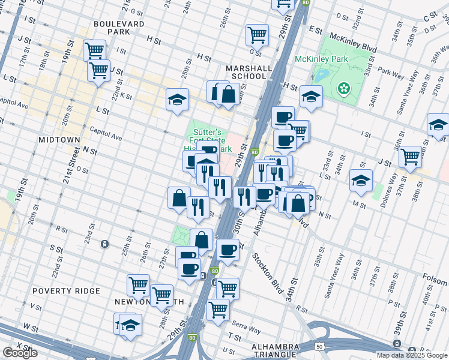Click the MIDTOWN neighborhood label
tap(59, 139)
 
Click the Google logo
tap(20, 353)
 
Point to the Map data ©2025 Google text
tap(412, 355)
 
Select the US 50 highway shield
tap(319, 346)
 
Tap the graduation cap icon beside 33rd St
tap(361, 179)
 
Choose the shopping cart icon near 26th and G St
tap(257, 34)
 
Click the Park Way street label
tap(391, 74)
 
